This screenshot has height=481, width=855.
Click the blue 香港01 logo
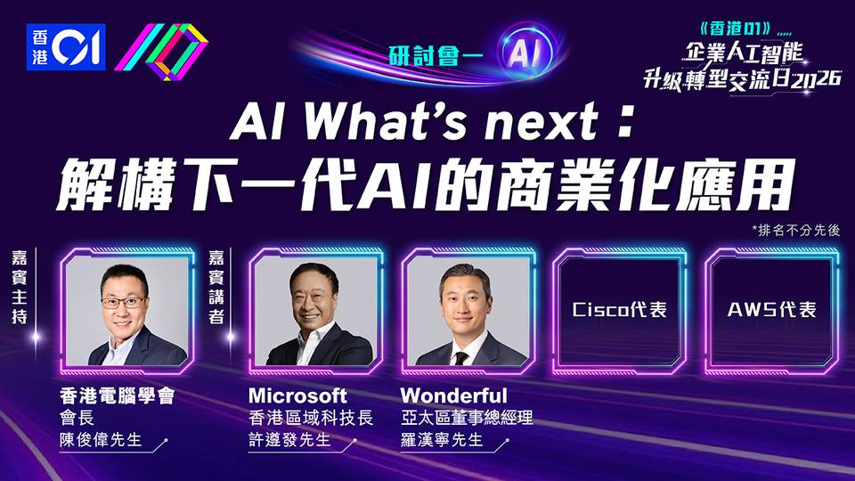pos(66,47)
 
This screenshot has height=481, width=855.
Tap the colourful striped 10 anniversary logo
pos(161,52)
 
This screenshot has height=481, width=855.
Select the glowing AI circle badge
pos(526,53)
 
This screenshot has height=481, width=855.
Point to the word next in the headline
pos(543,122)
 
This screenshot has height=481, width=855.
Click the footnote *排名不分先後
pos(796,230)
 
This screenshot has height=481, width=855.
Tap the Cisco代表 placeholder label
pos(620,310)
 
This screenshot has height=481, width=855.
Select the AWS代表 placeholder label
pos(771,310)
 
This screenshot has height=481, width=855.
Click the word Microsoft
pos(297,395)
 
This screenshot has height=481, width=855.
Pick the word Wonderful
pos(453,395)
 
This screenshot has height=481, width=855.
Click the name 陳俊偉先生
pos(101,439)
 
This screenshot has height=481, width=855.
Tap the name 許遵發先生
pos(290,439)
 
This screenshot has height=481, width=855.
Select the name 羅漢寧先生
pos(443,439)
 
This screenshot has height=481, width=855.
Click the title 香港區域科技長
pos(311,418)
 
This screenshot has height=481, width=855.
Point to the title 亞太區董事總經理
pos(467,418)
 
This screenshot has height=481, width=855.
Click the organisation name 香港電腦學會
pos(118,395)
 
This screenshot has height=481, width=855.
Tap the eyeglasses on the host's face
pos(124,303)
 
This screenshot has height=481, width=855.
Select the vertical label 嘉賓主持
pos(20,287)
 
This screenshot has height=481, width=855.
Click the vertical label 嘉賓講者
pos(216,287)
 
